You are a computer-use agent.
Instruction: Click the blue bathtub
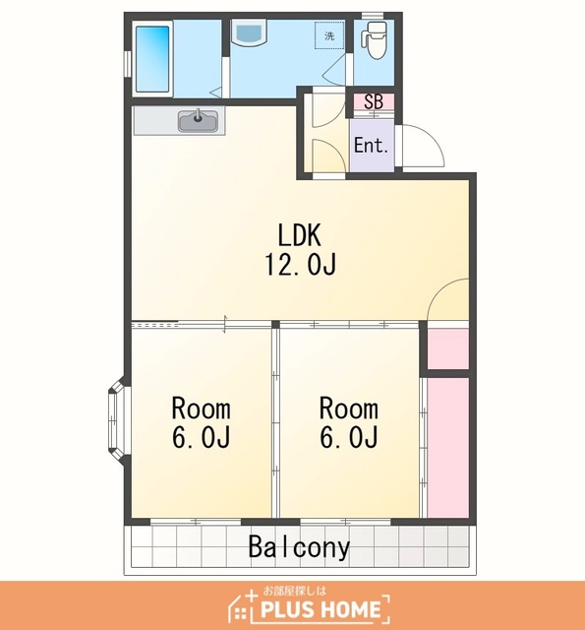pyautogui.click(x=152, y=59)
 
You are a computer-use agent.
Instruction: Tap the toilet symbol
pyautogui.click(x=375, y=40)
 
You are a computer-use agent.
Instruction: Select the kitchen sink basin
pyautogui.click(x=199, y=120)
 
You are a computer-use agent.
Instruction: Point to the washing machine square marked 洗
pyautogui.click(x=329, y=36)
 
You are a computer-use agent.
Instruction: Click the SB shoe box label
pyautogui.click(x=374, y=101)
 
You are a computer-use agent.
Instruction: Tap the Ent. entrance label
pyautogui.click(x=371, y=145)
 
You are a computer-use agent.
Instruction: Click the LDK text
pyautogui.click(x=300, y=235)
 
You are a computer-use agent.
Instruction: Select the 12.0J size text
pyautogui.click(x=300, y=264)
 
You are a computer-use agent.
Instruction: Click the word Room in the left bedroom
pyautogui.click(x=201, y=409)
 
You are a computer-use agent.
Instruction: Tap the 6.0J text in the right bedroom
pyautogui.click(x=349, y=437)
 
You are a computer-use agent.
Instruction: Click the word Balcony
pyautogui.click(x=299, y=547)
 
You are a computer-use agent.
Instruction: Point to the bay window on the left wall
pyautogui.click(x=117, y=421)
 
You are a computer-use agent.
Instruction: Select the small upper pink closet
pyautogui.click(x=447, y=348)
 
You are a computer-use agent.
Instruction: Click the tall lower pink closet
pyautogui.click(x=447, y=448)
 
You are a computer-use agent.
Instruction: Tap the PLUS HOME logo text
pyautogui.click(x=321, y=609)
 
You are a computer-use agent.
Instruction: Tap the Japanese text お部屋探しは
pyautogui.click(x=295, y=591)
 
